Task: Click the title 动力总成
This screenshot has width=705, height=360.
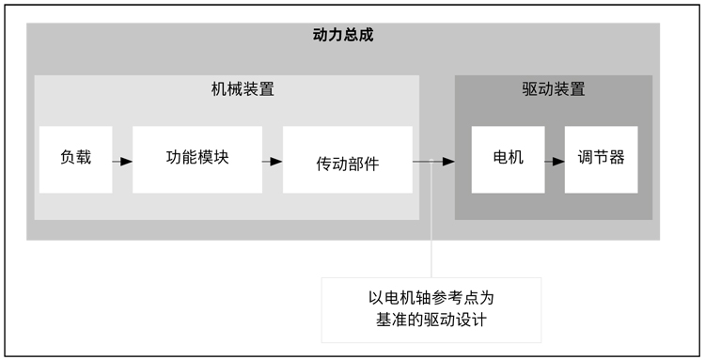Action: tap(342, 36)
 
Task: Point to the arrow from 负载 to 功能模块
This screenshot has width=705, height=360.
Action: tap(122, 161)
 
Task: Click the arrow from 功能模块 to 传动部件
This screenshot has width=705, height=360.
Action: tap(273, 161)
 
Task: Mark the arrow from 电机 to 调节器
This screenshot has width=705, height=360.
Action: tap(555, 161)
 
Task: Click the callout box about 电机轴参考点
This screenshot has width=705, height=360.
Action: tap(431, 309)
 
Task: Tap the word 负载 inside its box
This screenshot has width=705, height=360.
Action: tap(75, 157)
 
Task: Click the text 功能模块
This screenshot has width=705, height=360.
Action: tap(196, 157)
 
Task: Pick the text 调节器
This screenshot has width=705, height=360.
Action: tap(601, 157)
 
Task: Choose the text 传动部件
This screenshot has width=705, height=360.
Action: tap(347, 163)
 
